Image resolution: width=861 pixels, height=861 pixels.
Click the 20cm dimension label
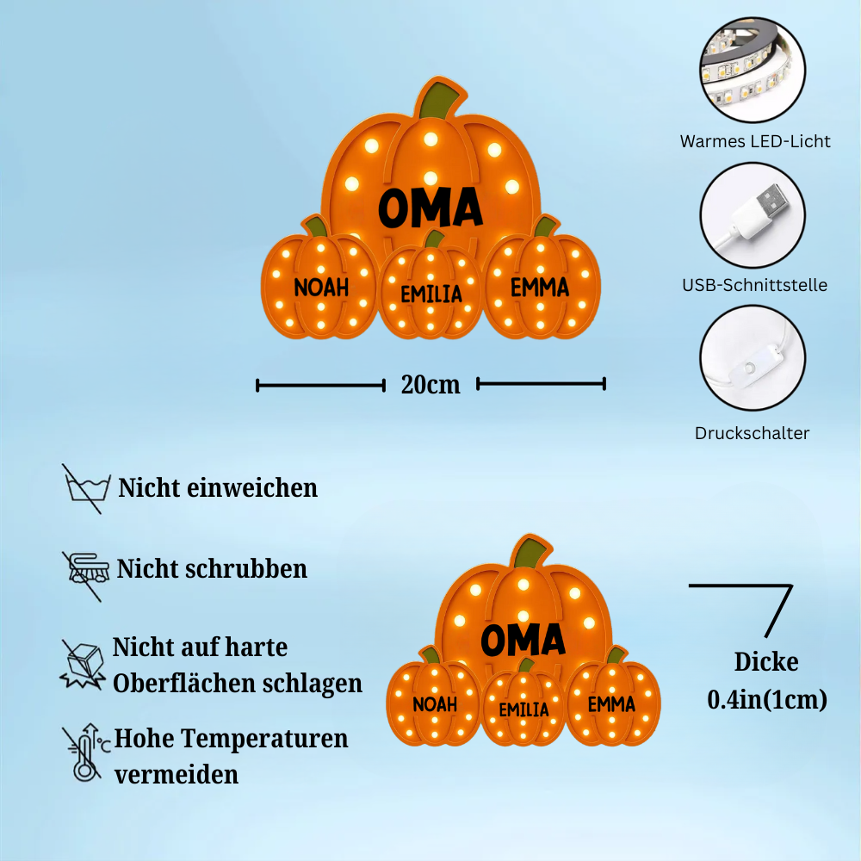click(x=430, y=384)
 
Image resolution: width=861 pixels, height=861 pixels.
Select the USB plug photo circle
click(x=753, y=215)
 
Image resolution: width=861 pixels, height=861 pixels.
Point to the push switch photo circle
click(x=753, y=358)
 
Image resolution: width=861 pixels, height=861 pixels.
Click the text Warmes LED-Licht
click(x=755, y=141)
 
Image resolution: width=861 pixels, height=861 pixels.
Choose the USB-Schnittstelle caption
click(x=754, y=285)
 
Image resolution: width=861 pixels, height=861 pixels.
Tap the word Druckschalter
click(x=752, y=433)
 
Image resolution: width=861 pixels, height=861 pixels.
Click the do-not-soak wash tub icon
click(x=86, y=488)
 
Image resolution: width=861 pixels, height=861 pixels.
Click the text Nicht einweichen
click(x=218, y=488)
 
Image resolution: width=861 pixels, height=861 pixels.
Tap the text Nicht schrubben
click(x=212, y=569)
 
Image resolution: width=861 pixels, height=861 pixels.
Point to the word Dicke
click(x=766, y=661)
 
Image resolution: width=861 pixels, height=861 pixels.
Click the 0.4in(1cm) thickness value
click(x=767, y=699)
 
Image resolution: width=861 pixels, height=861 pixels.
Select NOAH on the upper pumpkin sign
click(x=320, y=287)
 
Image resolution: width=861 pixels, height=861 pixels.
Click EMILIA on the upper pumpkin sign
click(x=431, y=294)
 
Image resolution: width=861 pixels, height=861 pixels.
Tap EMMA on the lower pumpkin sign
click(x=611, y=704)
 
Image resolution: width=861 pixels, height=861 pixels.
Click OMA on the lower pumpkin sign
click(x=523, y=640)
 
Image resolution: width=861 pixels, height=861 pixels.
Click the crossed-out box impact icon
click(x=84, y=664)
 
